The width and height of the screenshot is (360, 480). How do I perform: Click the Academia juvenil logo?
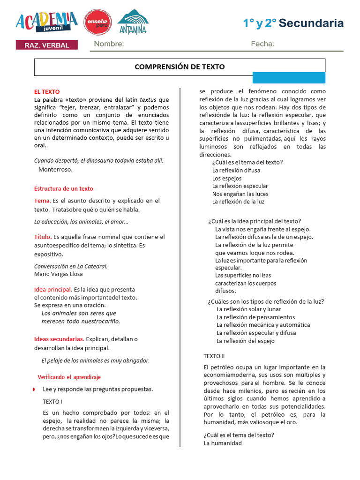coord(46,22)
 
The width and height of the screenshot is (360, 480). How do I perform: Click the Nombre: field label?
coord(109,44)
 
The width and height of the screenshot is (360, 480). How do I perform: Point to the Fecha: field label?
coord(262,44)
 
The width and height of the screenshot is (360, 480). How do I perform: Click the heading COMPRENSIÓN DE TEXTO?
coord(180,67)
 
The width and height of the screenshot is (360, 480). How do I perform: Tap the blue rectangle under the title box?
coord(289,78)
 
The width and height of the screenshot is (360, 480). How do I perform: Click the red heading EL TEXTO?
coord(47,92)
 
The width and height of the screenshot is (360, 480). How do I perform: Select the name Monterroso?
coord(56,170)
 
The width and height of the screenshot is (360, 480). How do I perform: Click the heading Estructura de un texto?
coord(64,189)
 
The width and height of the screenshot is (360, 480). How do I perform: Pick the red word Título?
coord(43,237)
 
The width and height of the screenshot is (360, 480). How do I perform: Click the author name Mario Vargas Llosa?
coord(59,274)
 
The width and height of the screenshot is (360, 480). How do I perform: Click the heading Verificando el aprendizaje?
coord(69,377)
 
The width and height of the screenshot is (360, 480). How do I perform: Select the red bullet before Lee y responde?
coord(34,390)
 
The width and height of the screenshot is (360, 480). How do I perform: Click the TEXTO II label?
coord(214,356)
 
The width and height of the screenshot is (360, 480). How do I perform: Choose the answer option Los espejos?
coord(227,179)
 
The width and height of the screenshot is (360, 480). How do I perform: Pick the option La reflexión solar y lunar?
coord(249,309)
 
